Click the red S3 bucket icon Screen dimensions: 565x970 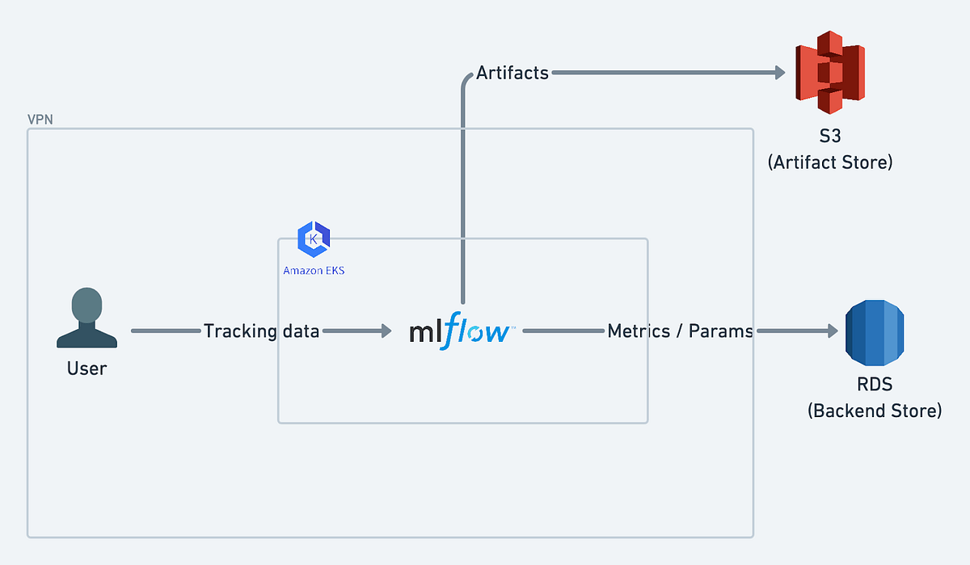tap(830, 73)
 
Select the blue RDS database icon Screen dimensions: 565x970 tap(875, 331)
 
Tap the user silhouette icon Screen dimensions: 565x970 tap(86, 318)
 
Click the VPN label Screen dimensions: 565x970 tap(40, 120)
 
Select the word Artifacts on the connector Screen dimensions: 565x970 tap(512, 73)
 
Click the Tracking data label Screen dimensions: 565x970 tap(261, 331)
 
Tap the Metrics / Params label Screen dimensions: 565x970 tap(680, 331)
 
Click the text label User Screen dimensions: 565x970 tap(86, 369)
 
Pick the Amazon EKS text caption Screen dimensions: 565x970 tap(314, 270)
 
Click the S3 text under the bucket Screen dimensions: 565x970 tap(830, 135)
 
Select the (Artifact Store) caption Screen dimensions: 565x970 tap(830, 162)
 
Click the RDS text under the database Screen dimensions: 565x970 tap(875, 384)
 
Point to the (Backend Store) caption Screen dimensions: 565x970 tap(875, 411)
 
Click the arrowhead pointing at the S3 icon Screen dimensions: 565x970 tap(779, 73)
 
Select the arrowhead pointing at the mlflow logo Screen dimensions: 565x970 tap(386, 331)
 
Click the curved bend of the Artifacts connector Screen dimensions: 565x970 tap(466, 78)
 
